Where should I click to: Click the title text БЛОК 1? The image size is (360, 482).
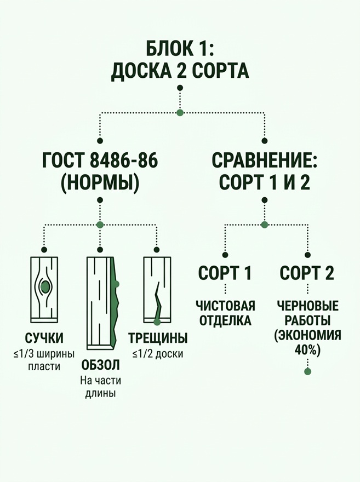pyautogui.click(x=180, y=47)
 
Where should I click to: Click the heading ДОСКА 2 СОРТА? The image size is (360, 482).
pyautogui.click(x=180, y=71)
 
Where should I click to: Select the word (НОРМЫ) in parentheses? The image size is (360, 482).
pyautogui.click(x=100, y=183)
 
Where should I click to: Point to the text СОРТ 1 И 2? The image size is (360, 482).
pyautogui.click(x=265, y=182)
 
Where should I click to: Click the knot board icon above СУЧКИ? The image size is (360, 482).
pyautogui.click(x=44, y=289)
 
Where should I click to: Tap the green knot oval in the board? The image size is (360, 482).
pyautogui.click(x=45, y=287)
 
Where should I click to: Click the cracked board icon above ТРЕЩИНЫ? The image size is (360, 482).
pyautogui.click(x=157, y=290)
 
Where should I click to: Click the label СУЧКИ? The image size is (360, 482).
pyautogui.click(x=44, y=338)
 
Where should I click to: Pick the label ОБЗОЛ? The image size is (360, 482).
pyautogui.click(x=100, y=365)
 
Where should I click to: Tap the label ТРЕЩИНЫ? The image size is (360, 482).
pyautogui.click(x=158, y=338)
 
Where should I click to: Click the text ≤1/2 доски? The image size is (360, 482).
pyautogui.click(x=158, y=354)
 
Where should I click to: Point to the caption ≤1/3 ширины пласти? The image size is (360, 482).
pyautogui.click(x=44, y=360)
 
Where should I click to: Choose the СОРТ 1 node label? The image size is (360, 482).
pyautogui.click(x=225, y=273)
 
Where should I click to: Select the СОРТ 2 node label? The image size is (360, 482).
pyautogui.click(x=307, y=273)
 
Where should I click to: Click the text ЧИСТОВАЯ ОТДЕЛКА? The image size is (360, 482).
pyautogui.click(x=225, y=313)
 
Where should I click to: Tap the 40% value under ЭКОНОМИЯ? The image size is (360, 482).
pyautogui.click(x=307, y=350)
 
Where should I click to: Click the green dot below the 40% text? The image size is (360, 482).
pyautogui.click(x=307, y=372)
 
